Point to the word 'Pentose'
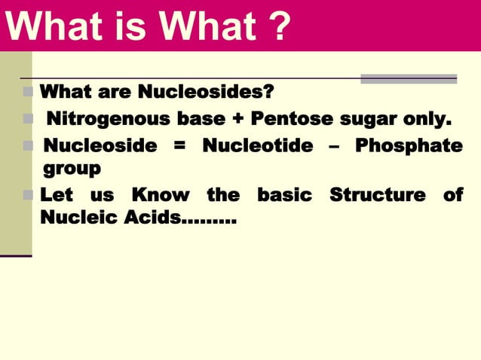coord(291,119)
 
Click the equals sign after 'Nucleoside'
coord(179,145)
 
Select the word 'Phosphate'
coord(409,145)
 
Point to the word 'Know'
coord(160,195)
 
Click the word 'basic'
coord(284,195)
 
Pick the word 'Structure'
coord(378,195)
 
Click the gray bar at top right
coord(408,78)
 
